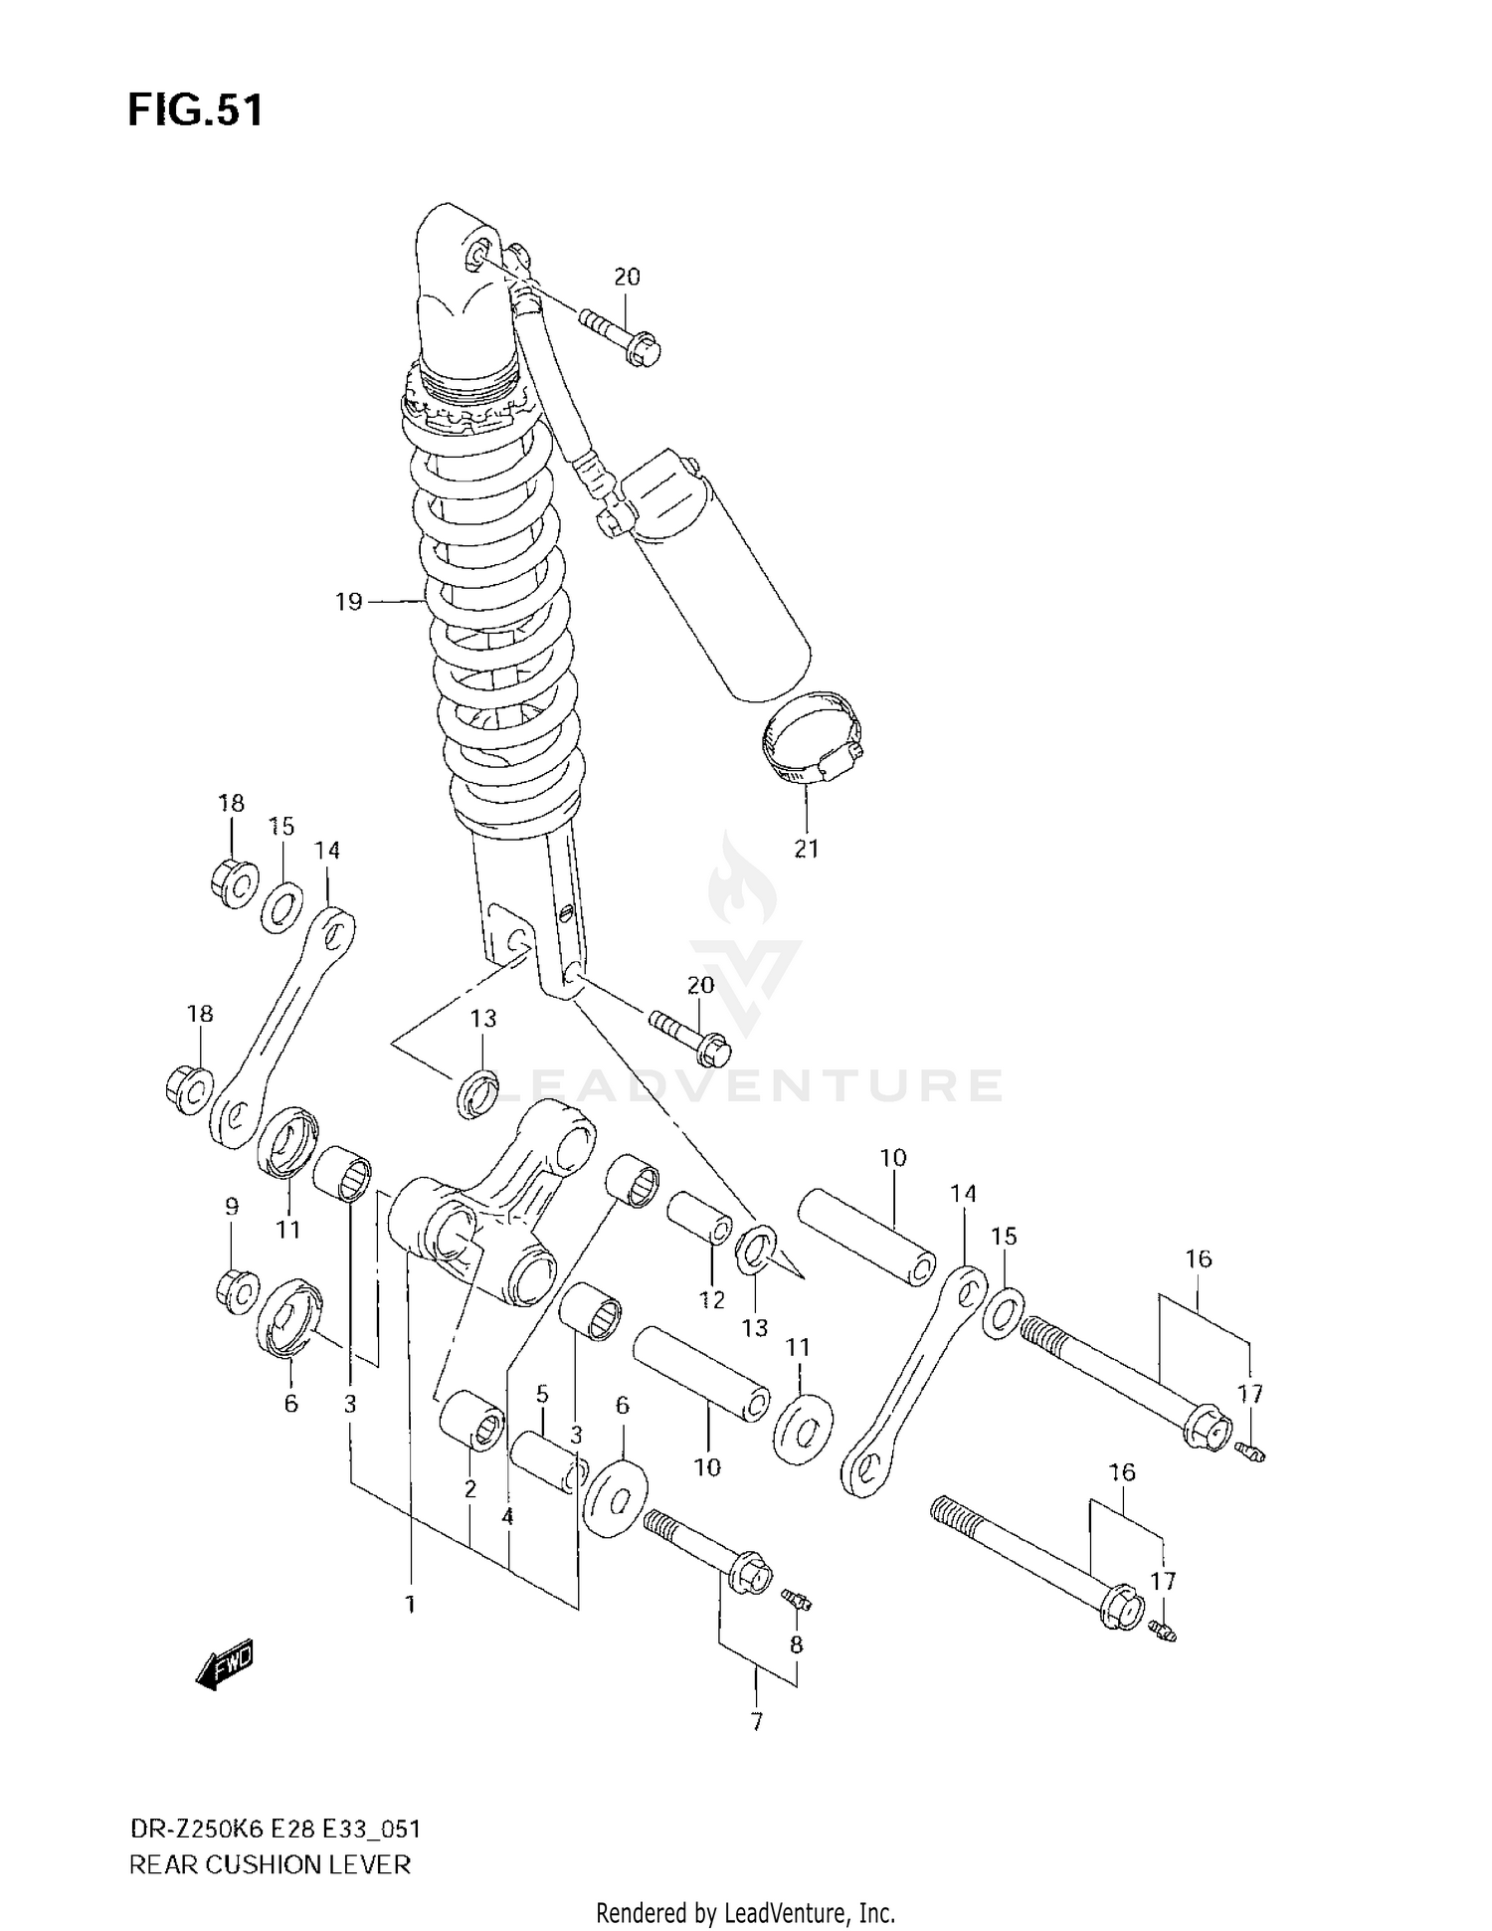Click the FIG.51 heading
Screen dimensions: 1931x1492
(x=195, y=109)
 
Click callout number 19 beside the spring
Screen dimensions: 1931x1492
(x=348, y=602)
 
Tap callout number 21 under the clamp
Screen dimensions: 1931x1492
(x=806, y=849)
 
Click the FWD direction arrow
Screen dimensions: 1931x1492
(x=226, y=1663)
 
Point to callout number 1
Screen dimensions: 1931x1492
(x=410, y=1605)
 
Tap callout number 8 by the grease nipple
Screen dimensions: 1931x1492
(x=796, y=1644)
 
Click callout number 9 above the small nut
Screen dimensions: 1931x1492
(x=232, y=1207)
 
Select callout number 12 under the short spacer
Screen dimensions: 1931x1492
(x=712, y=1298)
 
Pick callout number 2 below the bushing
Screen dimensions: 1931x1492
(x=469, y=1488)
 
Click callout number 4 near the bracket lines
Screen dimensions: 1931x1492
(x=507, y=1516)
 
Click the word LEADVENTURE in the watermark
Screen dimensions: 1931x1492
(x=746, y=1085)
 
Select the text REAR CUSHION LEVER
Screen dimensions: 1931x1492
(x=270, y=1863)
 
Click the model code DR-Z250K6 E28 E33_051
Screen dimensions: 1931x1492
(x=275, y=1829)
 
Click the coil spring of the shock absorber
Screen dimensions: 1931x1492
(x=497, y=617)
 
